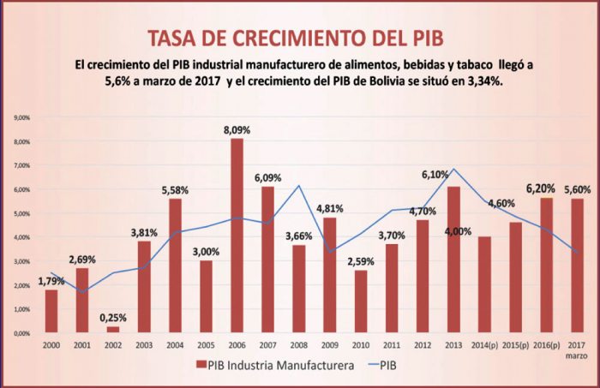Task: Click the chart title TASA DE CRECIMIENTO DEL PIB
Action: pos(300,39)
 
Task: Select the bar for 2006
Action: pos(236,236)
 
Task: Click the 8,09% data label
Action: pos(237,130)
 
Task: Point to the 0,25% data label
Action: pos(114,316)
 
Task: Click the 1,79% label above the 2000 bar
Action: pos(52,280)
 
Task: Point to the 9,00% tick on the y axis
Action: pos(20,117)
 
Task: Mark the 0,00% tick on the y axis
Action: pos(20,333)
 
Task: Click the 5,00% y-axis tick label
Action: pos(20,213)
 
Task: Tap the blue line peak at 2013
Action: pos(453,169)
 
